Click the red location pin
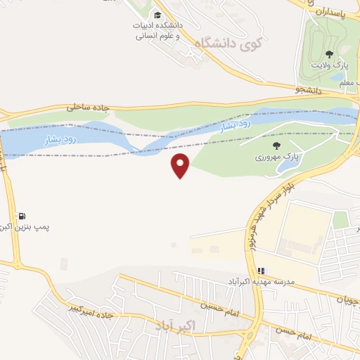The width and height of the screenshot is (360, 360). coord(181,165)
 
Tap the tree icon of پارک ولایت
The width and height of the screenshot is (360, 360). coord(329,53)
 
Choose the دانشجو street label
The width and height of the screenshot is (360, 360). coord(307,90)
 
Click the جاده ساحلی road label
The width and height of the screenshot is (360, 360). coord(89,108)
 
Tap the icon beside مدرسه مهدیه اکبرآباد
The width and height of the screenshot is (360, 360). coord(261,270)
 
